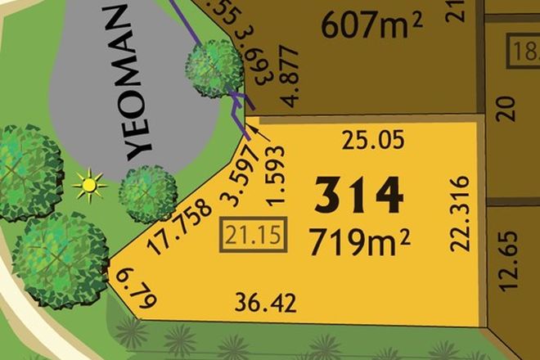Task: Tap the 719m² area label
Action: [359, 241]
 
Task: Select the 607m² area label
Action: [371, 27]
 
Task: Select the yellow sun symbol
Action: [89, 186]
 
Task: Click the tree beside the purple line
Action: [214, 67]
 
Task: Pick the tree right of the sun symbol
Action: [148, 193]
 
